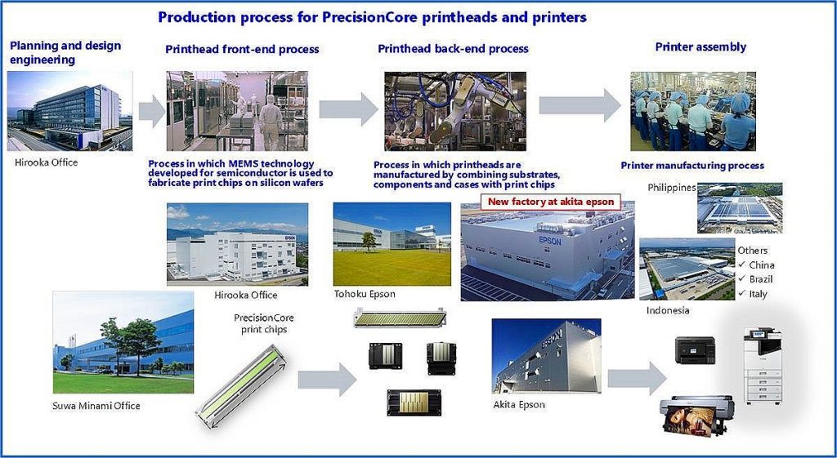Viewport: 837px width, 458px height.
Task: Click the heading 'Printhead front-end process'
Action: (x=242, y=50)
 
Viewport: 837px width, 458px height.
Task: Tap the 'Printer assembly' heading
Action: (x=700, y=47)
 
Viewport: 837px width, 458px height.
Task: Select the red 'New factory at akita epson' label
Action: (x=551, y=202)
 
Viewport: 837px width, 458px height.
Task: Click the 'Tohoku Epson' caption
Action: (x=365, y=294)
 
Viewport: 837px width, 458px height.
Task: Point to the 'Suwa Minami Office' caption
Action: (x=96, y=406)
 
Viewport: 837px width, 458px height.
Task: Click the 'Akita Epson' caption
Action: (x=519, y=405)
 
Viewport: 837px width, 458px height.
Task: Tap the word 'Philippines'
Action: (x=672, y=188)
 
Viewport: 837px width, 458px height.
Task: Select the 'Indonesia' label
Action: (x=668, y=310)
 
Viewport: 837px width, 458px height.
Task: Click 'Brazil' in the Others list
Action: (x=761, y=279)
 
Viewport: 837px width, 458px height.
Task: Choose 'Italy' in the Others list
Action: (x=758, y=294)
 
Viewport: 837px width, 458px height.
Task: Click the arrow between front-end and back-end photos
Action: (x=348, y=109)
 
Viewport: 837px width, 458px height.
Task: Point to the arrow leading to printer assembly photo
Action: (x=580, y=105)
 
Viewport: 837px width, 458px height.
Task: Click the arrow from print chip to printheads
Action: (x=327, y=380)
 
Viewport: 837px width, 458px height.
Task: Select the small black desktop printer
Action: (x=695, y=350)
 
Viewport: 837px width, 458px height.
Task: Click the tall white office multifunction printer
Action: (x=763, y=366)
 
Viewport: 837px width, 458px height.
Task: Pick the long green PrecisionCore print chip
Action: (x=241, y=386)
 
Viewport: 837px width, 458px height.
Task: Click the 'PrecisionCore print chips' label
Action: (x=264, y=323)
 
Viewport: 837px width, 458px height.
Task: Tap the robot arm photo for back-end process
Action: (x=455, y=111)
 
